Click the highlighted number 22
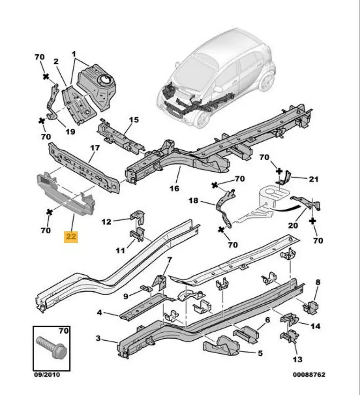[71, 237]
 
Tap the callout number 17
[95, 148]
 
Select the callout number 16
[175, 188]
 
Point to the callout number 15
[133, 120]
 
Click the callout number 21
[314, 179]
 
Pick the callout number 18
[193, 201]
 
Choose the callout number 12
[106, 221]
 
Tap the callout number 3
[98, 338]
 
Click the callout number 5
[260, 353]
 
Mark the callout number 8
[318, 283]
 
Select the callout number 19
[70, 131]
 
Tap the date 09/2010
[47, 375]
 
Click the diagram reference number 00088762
[309, 375]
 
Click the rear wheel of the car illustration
[266, 81]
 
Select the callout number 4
[99, 312]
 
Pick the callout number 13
[297, 359]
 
